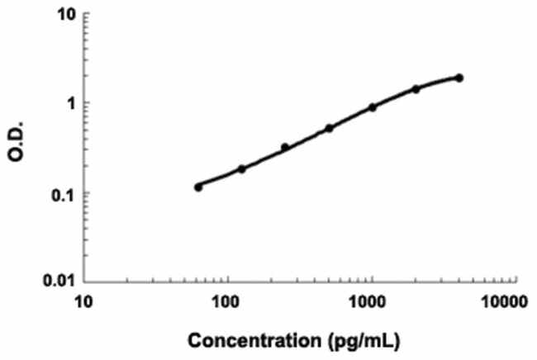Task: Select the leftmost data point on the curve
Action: point(198,187)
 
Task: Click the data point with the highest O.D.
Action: point(459,78)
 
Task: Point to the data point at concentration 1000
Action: point(373,107)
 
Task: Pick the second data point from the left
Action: point(242,169)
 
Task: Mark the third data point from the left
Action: point(285,148)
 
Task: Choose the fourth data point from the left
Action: point(329,128)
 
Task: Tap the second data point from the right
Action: point(416,88)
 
